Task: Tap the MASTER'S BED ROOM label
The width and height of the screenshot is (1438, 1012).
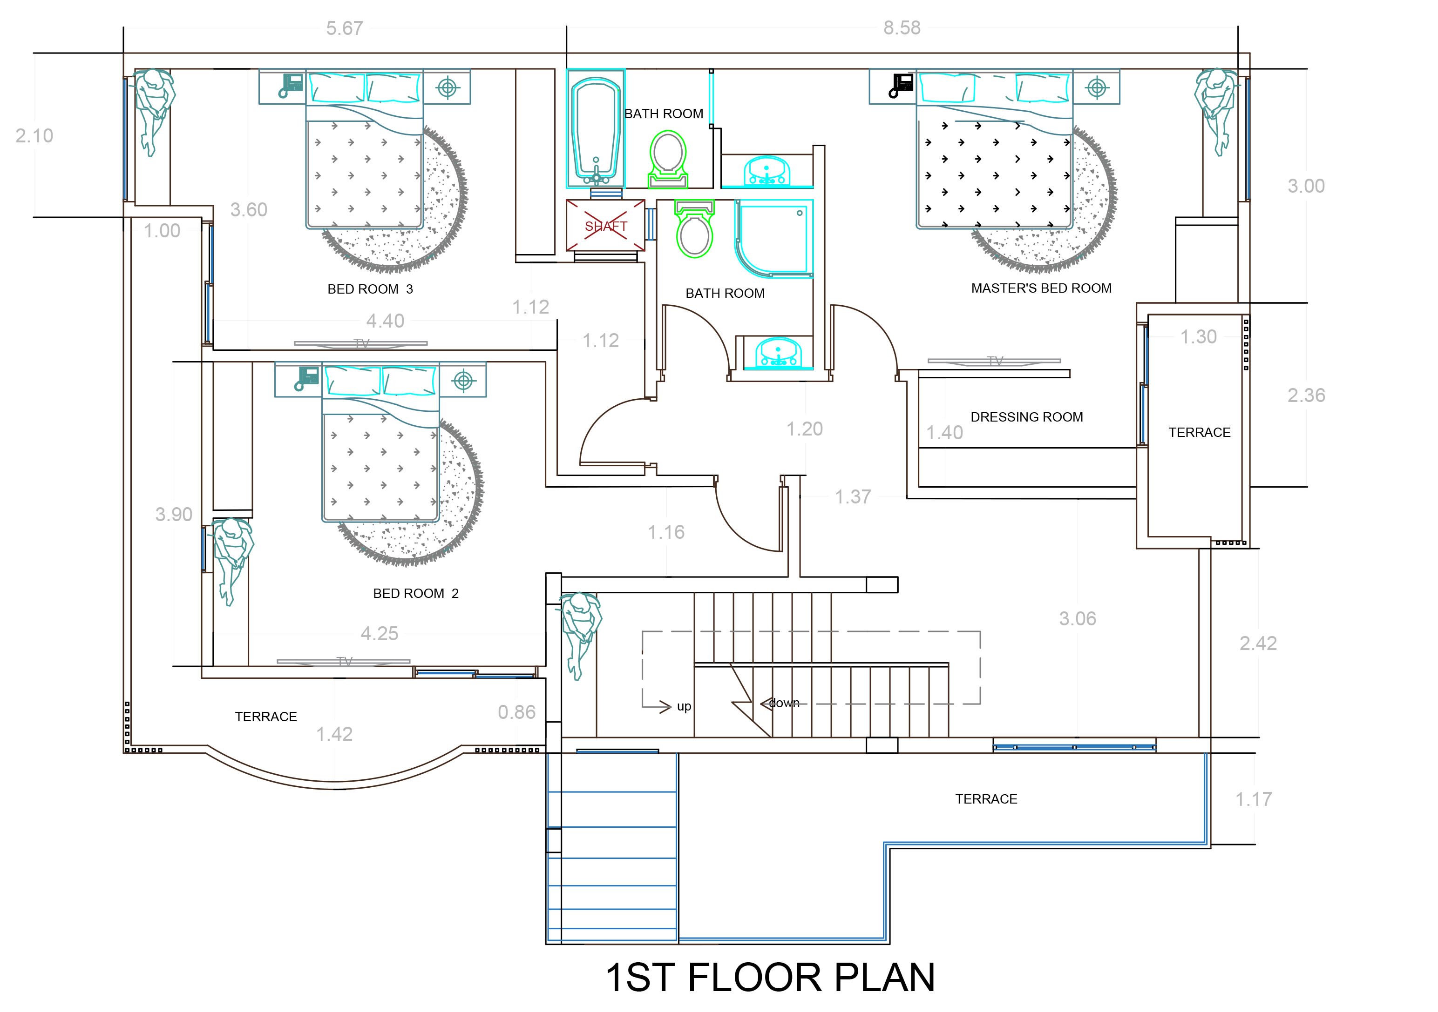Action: pos(1041,288)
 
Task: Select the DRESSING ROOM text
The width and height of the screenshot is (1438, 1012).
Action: pos(1026,417)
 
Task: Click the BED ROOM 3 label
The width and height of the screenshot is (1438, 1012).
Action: pos(370,289)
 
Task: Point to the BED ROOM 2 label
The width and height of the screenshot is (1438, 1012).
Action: pos(415,593)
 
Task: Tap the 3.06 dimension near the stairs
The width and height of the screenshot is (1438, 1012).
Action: pos(1077,619)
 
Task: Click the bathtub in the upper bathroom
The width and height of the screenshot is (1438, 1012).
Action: pos(595,129)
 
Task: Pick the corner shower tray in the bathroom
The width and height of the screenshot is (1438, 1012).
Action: pos(774,238)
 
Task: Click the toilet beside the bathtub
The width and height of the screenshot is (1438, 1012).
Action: pos(668,158)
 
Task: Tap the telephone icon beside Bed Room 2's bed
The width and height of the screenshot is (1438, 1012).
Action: pos(307,379)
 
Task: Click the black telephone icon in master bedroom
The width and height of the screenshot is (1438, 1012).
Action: pos(901,86)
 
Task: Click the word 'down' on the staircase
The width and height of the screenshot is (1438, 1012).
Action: pos(784,704)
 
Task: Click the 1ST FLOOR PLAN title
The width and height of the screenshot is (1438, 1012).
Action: pos(770,978)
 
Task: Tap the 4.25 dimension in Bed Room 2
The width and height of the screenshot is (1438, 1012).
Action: pos(379,634)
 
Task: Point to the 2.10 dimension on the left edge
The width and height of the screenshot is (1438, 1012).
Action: pos(34,136)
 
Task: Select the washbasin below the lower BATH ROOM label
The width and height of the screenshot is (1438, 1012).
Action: pos(777,354)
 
